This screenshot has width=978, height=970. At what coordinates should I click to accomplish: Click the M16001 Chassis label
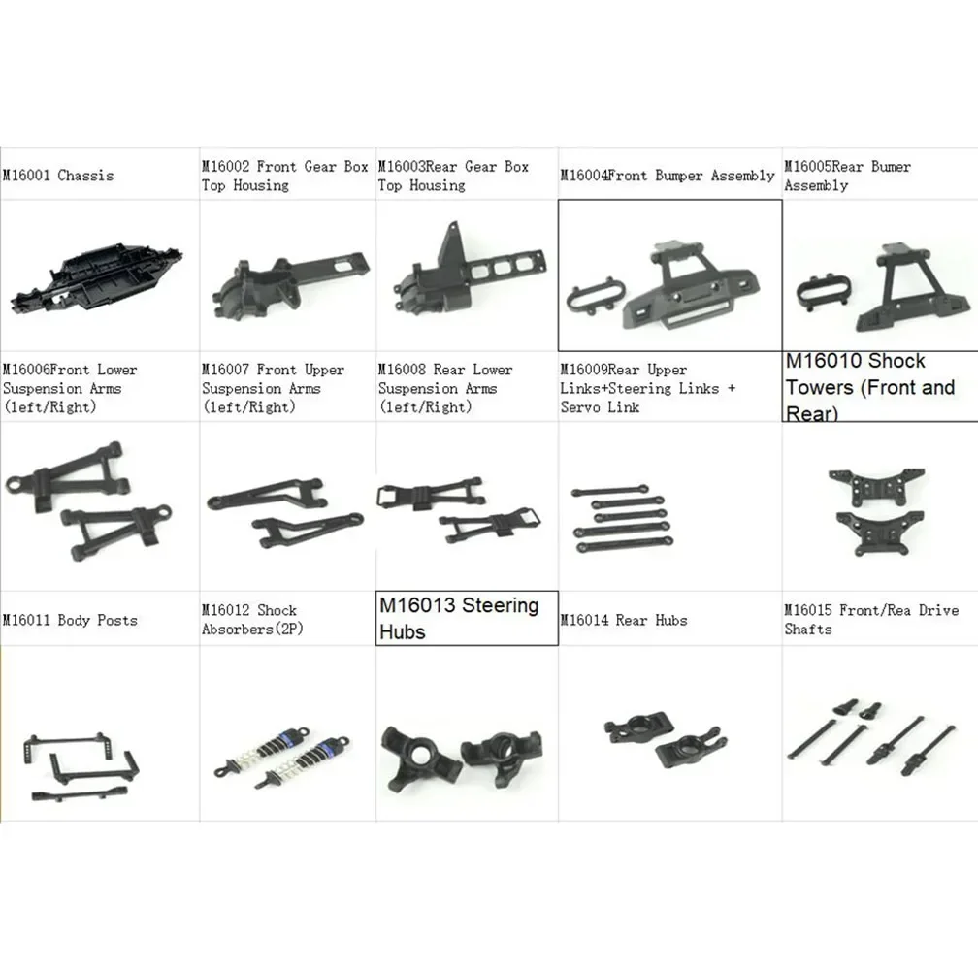coord(57,176)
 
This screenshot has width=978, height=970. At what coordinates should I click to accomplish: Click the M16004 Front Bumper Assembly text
coord(667,176)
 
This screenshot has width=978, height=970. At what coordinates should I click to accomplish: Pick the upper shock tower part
coord(877,481)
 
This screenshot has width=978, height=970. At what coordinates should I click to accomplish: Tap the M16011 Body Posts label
coord(70,620)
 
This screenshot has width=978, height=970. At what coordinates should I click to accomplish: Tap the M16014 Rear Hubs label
coord(624,620)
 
